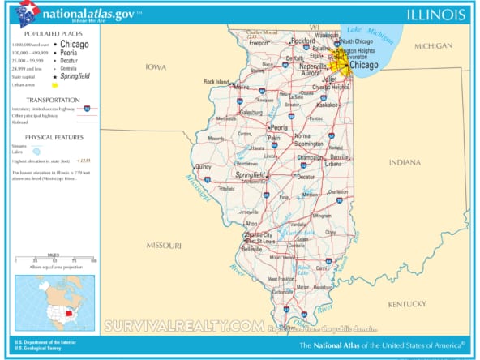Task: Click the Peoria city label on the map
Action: coord(279,127)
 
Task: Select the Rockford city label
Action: coord(303,40)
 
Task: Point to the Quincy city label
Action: coord(203,167)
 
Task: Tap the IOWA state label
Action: coord(155,67)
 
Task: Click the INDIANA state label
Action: coord(405,162)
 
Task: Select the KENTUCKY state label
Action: coord(406,303)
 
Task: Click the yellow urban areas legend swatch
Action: coord(56,84)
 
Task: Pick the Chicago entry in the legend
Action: coord(75,44)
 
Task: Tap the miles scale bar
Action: coord(54,259)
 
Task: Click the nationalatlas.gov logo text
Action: coord(79,14)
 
